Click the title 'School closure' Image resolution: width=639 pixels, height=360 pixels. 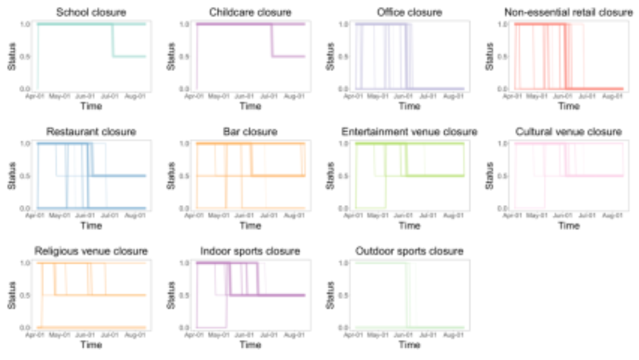tap(91, 12)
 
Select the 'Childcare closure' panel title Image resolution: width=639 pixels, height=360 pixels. tap(250, 12)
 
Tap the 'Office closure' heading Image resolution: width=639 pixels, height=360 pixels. tap(409, 12)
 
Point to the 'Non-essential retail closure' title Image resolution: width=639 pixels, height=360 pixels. tap(568, 12)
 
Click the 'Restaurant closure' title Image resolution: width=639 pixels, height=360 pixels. tap(91, 132)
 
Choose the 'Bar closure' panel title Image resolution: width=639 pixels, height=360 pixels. tap(250, 132)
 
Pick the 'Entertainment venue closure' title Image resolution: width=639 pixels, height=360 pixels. tap(409, 132)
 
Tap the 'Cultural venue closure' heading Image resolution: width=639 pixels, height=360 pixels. tap(568, 132)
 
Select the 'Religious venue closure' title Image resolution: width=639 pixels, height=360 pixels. tap(91, 251)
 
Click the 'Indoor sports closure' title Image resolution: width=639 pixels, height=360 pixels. tap(250, 251)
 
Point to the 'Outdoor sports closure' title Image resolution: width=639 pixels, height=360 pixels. tap(409, 251)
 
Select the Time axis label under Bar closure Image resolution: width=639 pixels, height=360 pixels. tap(250, 225)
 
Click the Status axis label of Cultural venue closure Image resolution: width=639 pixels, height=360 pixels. tap(489, 176)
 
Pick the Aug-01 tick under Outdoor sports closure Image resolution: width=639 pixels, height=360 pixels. tap(454, 335)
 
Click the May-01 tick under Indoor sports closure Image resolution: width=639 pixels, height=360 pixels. tap(219, 335)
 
